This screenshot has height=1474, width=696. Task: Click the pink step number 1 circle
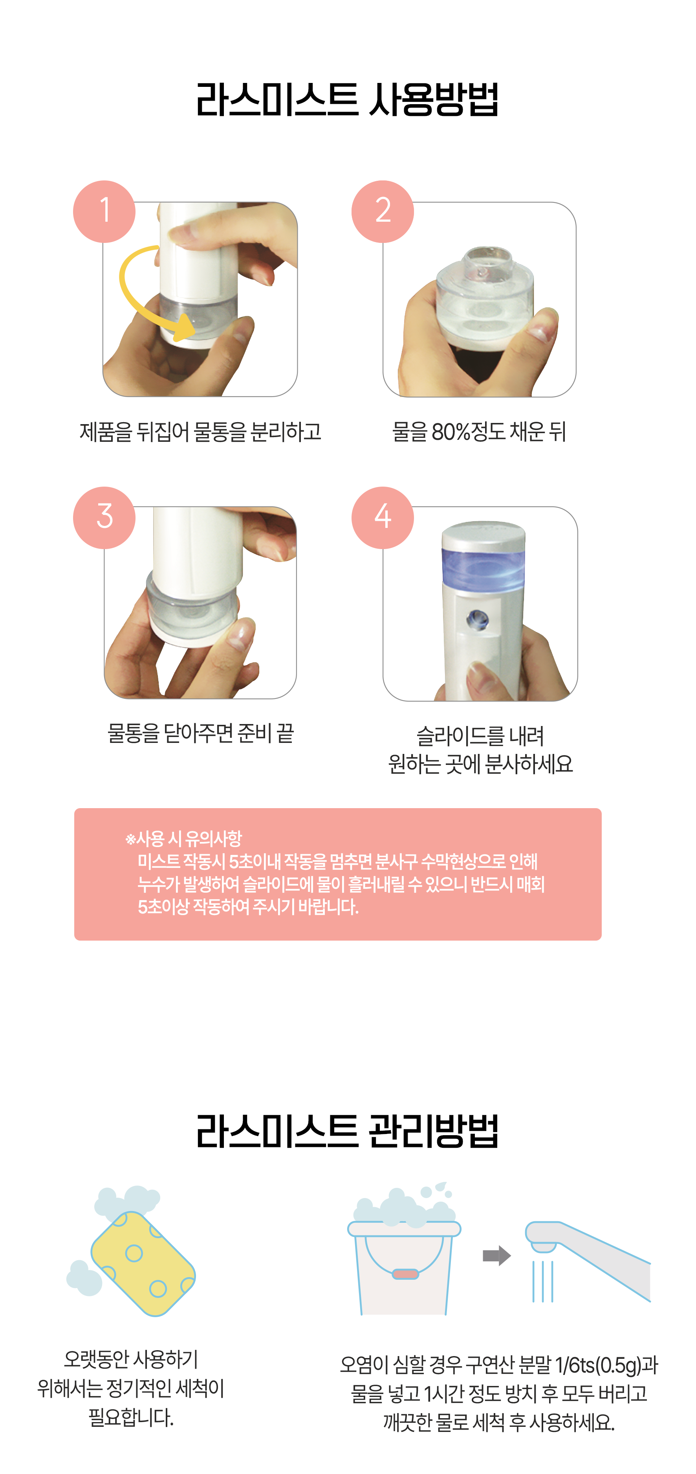[x=104, y=211]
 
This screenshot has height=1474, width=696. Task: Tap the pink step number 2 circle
[x=383, y=211]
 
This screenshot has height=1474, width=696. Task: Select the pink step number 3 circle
[x=104, y=517]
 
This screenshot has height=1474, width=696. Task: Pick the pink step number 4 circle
[x=383, y=517]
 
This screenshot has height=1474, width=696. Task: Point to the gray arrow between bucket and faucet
[x=496, y=1255]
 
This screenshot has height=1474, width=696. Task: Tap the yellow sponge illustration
[x=143, y=1263]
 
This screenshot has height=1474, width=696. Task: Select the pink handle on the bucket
[x=405, y=1273]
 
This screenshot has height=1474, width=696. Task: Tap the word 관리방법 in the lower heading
[x=434, y=1131]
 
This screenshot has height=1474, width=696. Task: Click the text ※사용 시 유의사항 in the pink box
[x=183, y=839]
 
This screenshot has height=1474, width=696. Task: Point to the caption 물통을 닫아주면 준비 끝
[x=201, y=733]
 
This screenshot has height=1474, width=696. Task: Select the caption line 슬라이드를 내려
[x=480, y=735]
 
